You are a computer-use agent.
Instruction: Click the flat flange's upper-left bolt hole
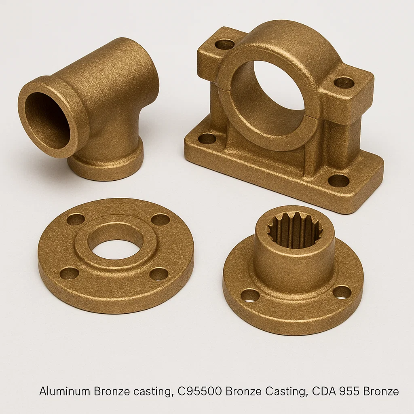(76, 220)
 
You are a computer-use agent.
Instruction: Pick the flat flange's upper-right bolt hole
(161, 220)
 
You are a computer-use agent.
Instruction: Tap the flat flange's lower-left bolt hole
(69, 273)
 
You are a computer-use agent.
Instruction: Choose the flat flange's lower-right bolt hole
(159, 274)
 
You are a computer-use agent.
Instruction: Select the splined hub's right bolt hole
(342, 292)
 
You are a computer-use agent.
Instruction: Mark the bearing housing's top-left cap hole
(225, 44)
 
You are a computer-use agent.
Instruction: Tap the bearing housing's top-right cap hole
(344, 82)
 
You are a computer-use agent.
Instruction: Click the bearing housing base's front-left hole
(207, 138)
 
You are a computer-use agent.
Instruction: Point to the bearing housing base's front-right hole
(338, 180)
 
